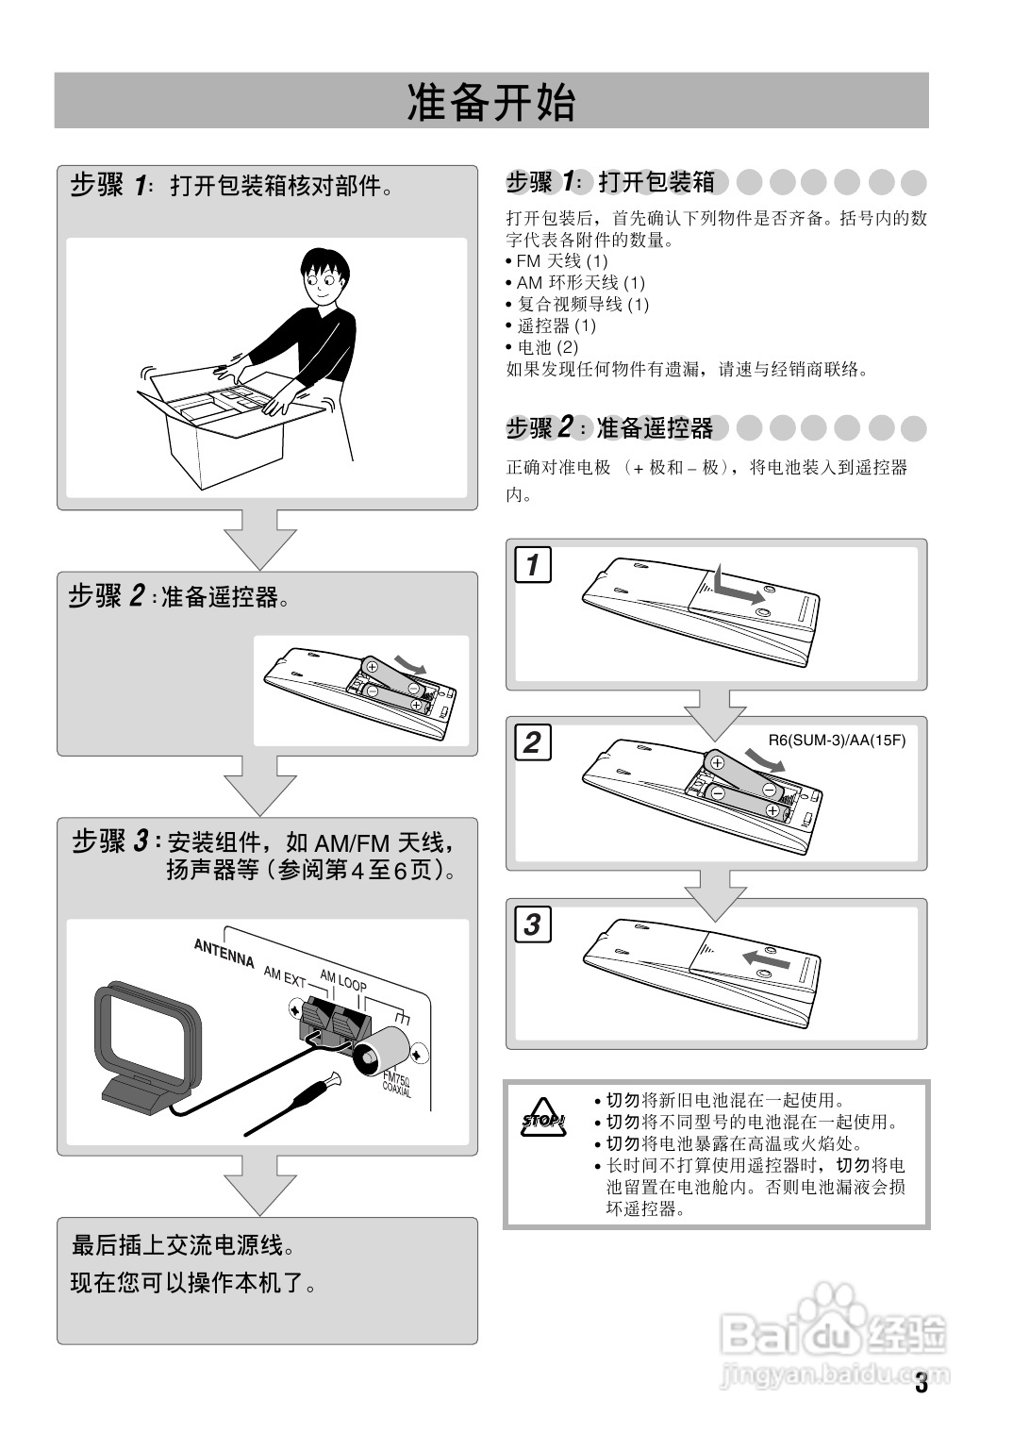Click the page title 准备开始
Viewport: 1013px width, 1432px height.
[490, 102]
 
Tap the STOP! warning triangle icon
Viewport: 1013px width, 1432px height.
[543, 1118]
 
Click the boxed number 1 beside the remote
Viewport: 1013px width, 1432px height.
[532, 564]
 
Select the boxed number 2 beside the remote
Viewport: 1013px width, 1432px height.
[532, 742]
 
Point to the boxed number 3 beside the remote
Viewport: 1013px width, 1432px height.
[532, 924]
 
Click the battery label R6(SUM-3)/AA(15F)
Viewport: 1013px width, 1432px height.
[837, 741]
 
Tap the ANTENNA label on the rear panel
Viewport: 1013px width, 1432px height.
[224, 953]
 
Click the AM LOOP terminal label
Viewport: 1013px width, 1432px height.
[343, 980]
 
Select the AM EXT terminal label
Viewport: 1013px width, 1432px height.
[285, 976]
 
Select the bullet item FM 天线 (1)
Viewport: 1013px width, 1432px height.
[556, 260]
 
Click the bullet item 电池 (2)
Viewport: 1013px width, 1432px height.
[542, 347]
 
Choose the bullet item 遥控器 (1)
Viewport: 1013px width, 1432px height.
[551, 325]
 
